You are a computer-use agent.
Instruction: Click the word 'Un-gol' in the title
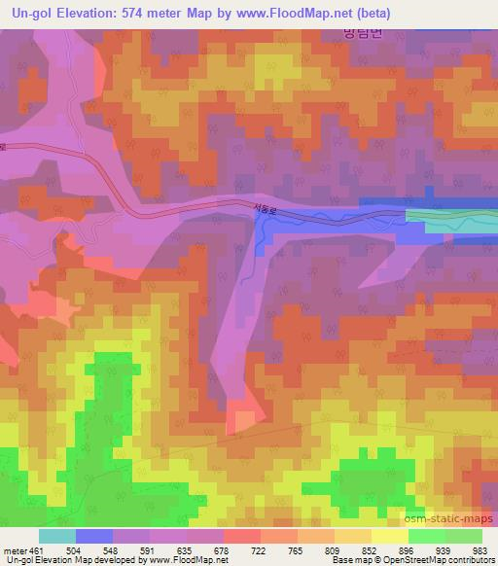pyautogui.click(x=30, y=13)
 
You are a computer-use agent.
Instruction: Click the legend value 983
pyautogui.click(x=480, y=549)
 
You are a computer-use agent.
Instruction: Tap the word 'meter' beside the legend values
pyautogui.click(x=15, y=549)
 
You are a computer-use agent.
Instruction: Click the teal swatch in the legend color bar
pyautogui.click(x=57, y=536)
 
